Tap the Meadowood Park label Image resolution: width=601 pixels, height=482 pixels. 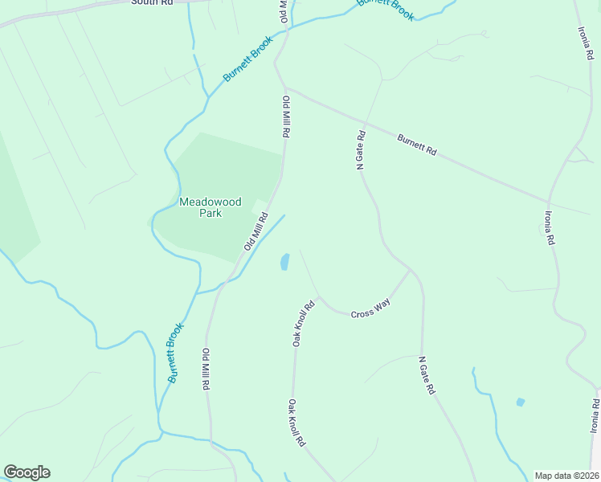coord(211,208)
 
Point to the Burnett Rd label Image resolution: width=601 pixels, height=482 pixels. coord(416,145)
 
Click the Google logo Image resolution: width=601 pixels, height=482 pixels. coord(27,472)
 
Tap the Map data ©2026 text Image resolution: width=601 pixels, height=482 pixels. coord(566,476)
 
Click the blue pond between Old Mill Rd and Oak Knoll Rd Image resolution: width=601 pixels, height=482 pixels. coord(284,261)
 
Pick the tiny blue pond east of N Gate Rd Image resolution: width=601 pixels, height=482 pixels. coord(520,402)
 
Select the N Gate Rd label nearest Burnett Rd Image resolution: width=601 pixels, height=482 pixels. coord(361,149)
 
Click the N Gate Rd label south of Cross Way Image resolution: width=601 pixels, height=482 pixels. coord(427,375)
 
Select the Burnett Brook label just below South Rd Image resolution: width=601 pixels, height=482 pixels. coord(248,58)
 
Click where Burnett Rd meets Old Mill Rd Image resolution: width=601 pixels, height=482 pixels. coord(285,88)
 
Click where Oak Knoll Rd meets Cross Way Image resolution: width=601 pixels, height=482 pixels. coord(319,297)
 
